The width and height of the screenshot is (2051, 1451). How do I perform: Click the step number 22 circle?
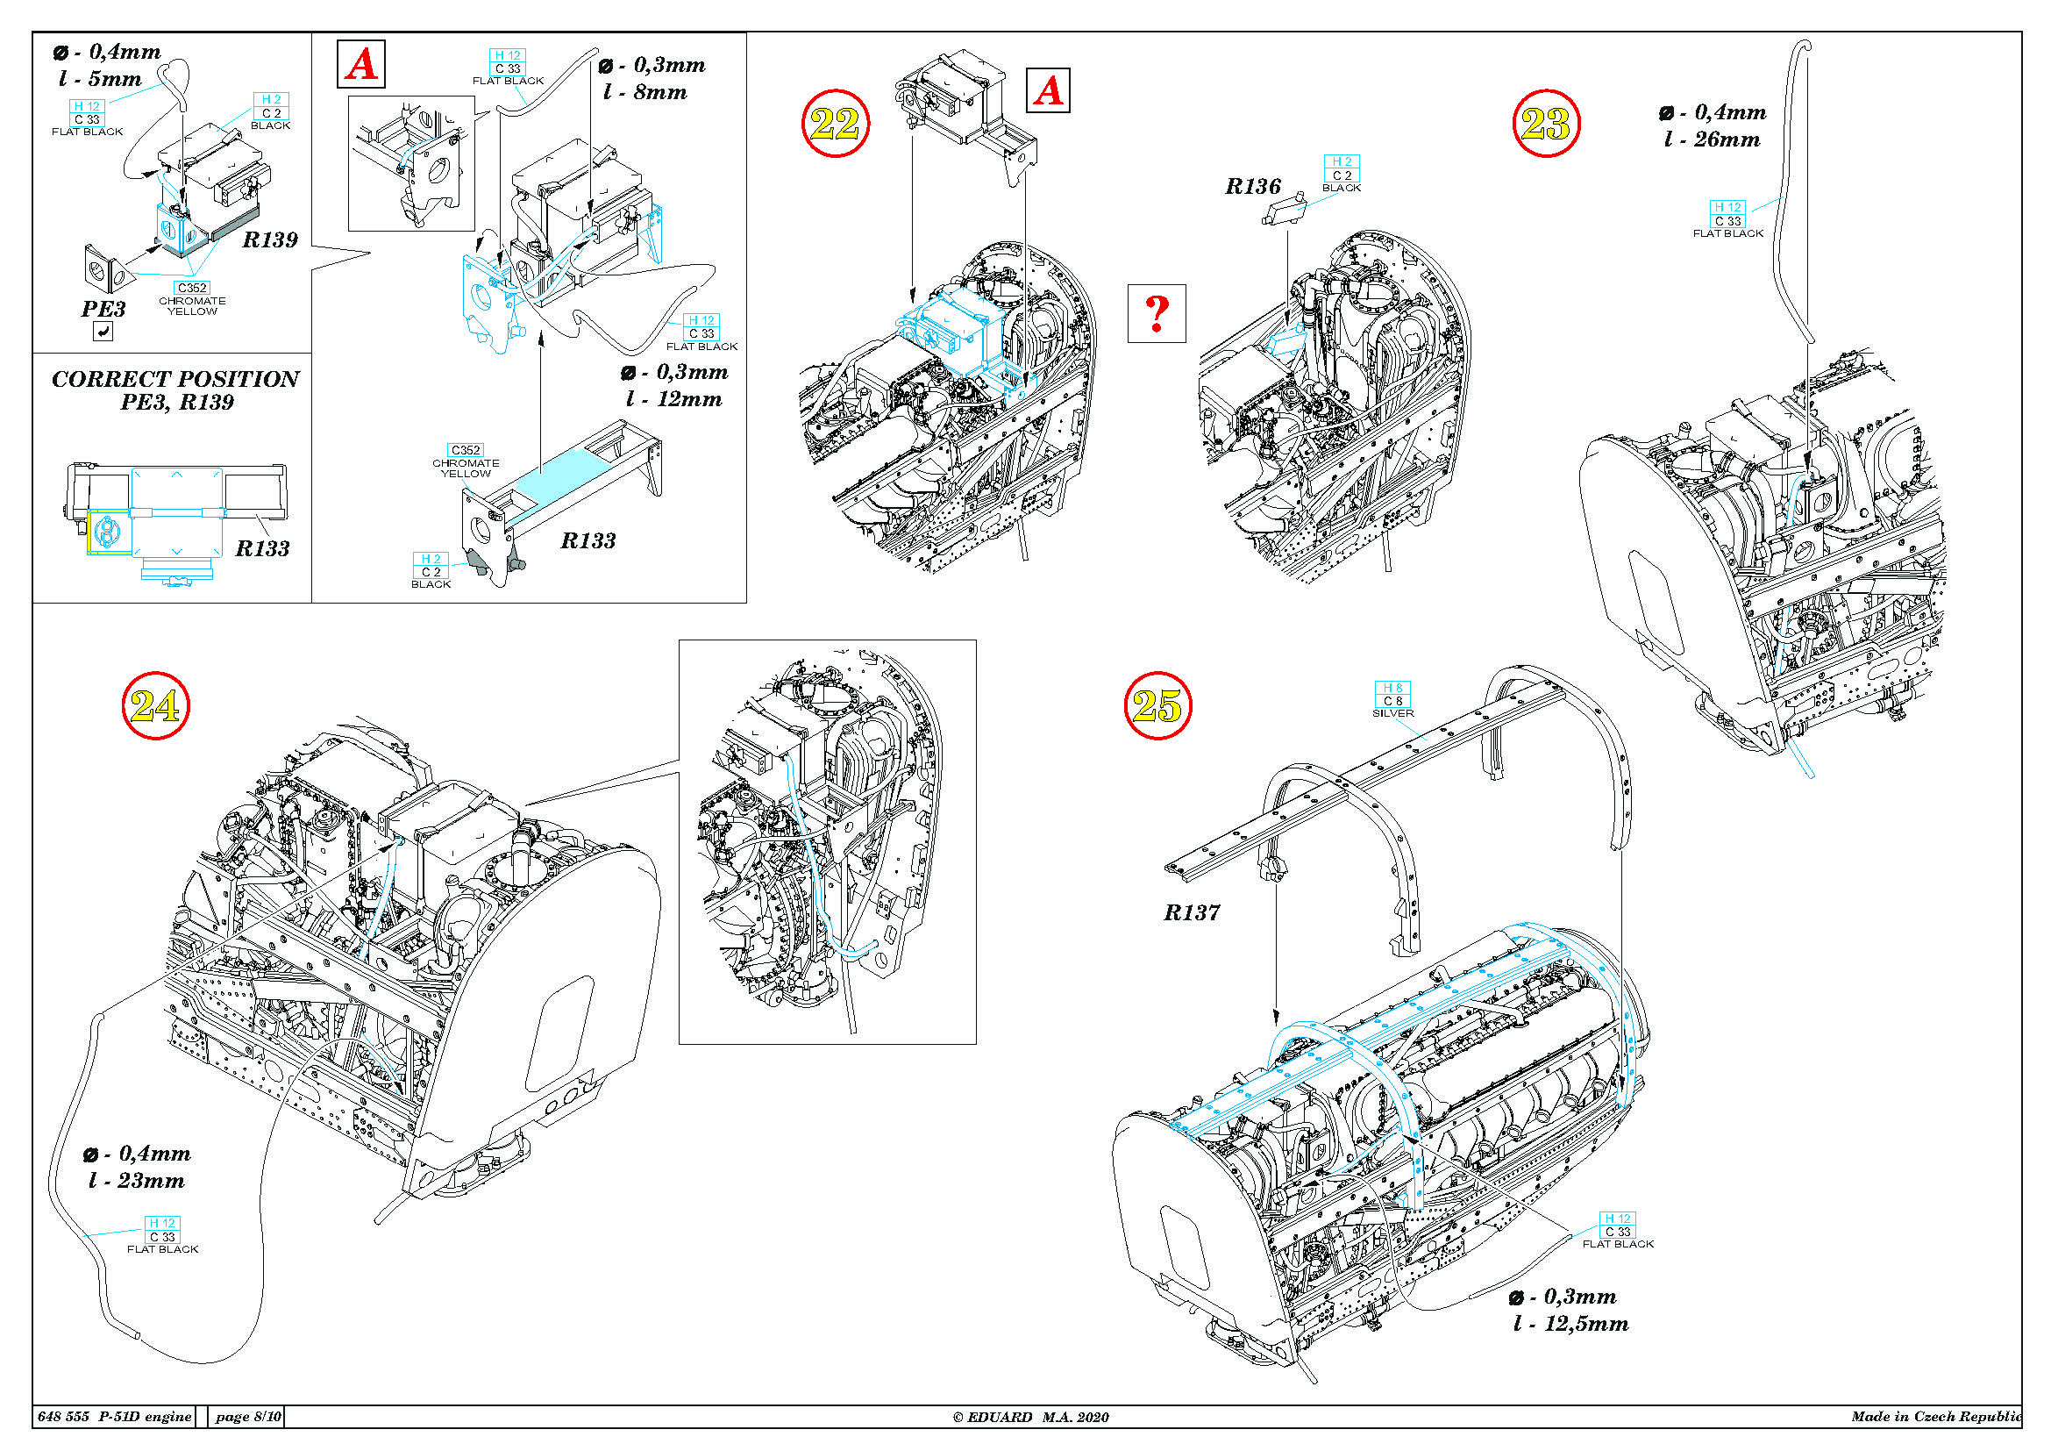click(x=834, y=124)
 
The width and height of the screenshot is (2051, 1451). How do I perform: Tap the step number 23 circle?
click(x=1545, y=124)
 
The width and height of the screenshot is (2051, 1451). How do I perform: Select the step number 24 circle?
click(x=155, y=706)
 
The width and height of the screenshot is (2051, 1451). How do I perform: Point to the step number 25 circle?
click(x=1157, y=706)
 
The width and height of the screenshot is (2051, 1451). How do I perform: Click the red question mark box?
click(x=1156, y=312)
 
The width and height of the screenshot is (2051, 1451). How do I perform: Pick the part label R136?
click(x=1252, y=187)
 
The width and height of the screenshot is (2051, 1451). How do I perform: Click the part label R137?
click(x=1191, y=912)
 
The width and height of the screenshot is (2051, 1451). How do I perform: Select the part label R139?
click(x=270, y=239)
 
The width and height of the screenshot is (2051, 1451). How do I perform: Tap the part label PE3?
click(x=103, y=309)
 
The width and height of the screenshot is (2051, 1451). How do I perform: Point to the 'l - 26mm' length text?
click(x=1712, y=139)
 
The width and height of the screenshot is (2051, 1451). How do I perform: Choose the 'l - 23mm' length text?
click(x=137, y=1180)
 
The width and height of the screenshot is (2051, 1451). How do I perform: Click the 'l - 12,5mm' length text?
click(x=1570, y=1323)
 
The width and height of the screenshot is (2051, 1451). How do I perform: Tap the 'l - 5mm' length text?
click(x=100, y=79)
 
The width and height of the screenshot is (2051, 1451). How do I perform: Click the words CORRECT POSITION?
click(x=175, y=379)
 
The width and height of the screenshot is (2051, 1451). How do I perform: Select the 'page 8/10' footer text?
click(x=247, y=1416)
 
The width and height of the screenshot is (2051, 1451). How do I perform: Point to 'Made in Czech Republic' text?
click(x=1935, y=1416)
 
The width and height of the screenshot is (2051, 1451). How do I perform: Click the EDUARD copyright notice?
click(x=1030, y=1416)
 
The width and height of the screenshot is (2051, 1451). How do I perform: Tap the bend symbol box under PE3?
click(x=103, y=332)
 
